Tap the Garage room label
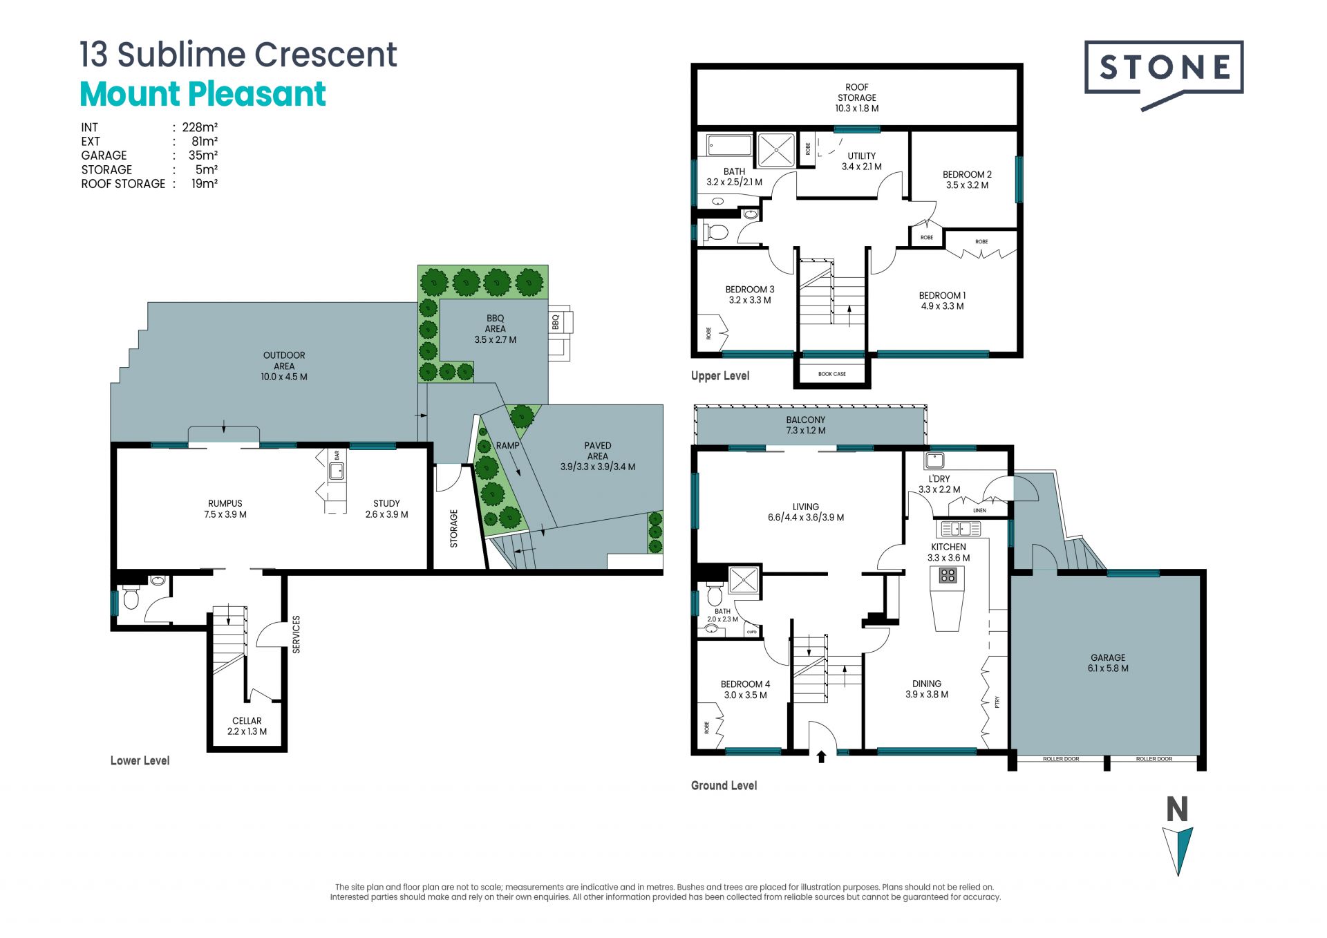point(1108,663)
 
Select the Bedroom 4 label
point(745,689)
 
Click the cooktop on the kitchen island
point(948,574)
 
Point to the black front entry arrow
point(821,756)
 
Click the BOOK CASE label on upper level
point(832,374)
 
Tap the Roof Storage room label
point(857,97)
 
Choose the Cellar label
point(247,726)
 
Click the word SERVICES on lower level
point(297,635)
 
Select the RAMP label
point(507,446)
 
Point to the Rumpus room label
point(225,509)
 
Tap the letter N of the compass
point(1177,809)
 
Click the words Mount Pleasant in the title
point(203,94)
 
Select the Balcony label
point(806,425)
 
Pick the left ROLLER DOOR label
point(1061,759)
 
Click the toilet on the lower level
point(131,598)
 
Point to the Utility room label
point(862,161)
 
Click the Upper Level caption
point(720,376)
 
